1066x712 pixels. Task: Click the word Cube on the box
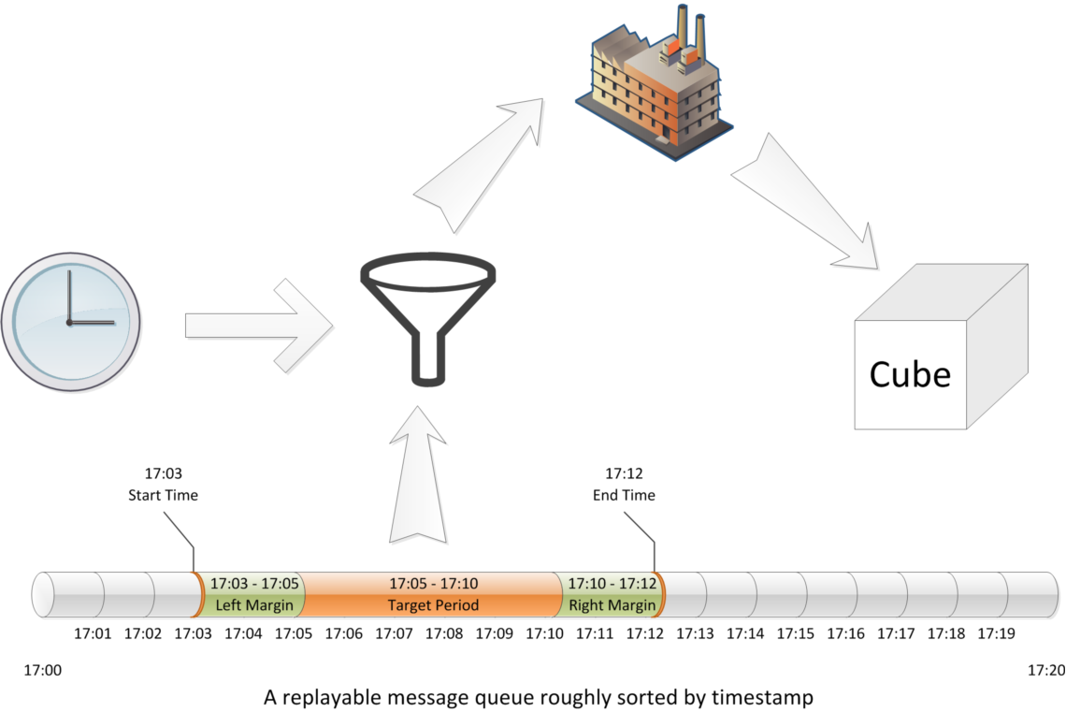(x=910, y=374)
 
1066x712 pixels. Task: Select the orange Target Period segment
(x=433, y=595)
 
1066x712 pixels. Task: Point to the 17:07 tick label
(x=394, y=633)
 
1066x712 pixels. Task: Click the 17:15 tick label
(x=796, y=633)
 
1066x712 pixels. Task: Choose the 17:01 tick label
(x=93, y=633)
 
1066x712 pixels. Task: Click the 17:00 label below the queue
(x=42, y=670)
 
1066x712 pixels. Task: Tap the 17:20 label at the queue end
(x=1045, y=670)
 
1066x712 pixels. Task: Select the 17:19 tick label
(x=996, y=633)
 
